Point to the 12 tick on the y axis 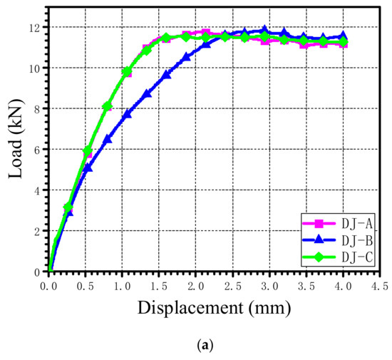tap(35, 27)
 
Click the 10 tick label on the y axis tap(35, 68)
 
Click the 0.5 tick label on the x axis tap(86, 286)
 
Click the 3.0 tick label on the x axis tap(269, 286)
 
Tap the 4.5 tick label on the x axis tap(378, 286)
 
